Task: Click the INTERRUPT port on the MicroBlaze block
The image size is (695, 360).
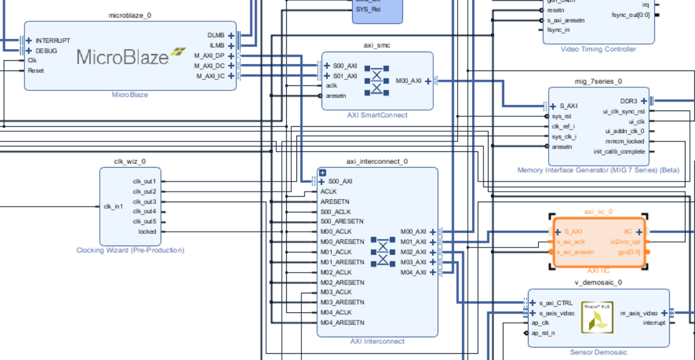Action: click(53, 41)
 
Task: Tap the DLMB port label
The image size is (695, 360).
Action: click(217, 35)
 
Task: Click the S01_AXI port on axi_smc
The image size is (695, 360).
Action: click(344, 75)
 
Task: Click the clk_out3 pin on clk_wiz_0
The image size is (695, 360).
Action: click(144, 202)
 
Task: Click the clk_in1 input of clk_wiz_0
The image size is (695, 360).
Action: click(114, 206)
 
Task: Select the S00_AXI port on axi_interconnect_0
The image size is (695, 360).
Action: click(340, 181)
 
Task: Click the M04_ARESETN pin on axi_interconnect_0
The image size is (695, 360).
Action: click(342, 322)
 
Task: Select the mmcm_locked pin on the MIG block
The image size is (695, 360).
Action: click(627, 141)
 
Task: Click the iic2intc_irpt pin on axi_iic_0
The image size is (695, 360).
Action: click(625, 242)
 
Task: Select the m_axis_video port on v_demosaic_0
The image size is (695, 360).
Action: click(639, 312)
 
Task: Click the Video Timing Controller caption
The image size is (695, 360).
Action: click(598, 49)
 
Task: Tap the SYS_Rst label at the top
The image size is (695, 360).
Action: click(368, 9)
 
